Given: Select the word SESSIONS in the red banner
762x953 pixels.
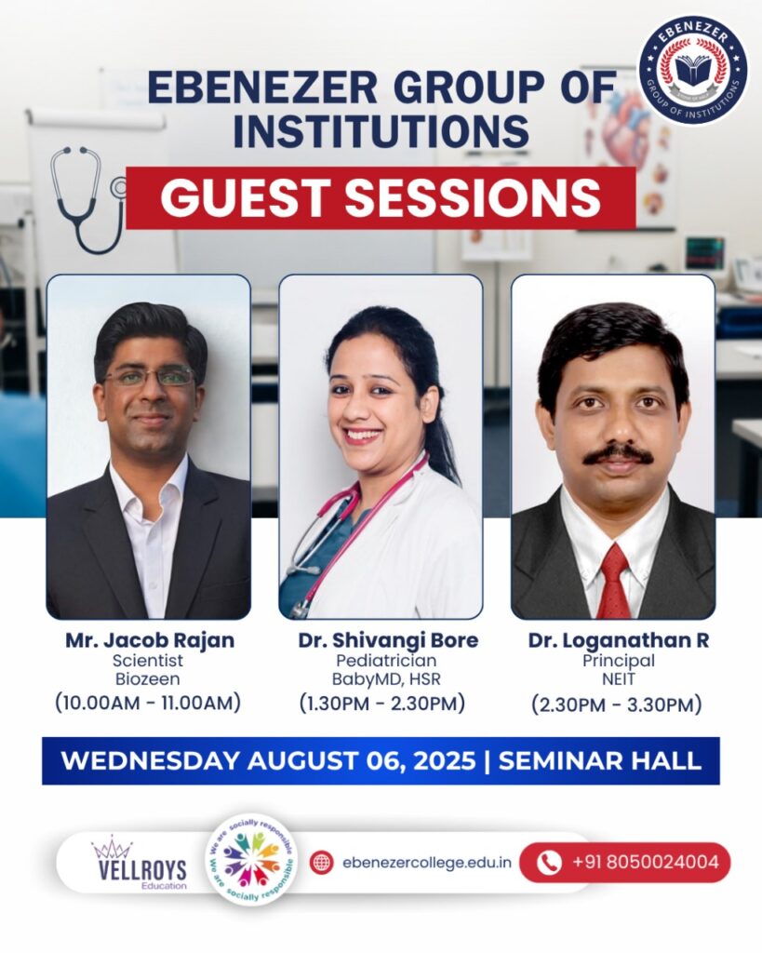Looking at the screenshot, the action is pos(473,197).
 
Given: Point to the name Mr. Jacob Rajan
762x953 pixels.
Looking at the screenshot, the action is pos(150,640).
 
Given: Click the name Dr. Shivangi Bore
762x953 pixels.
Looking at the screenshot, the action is pos(388,640).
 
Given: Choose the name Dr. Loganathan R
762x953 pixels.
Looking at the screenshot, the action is pos(618,640).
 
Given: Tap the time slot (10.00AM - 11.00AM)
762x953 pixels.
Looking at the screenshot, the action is pos(148,703).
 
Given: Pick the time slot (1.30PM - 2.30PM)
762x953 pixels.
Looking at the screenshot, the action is pos(382,704).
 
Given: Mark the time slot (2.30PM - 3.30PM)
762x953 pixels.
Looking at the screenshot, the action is pos(617,705).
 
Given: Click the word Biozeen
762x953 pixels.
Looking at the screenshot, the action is pos(148,678).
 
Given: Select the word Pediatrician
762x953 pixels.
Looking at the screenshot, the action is pos(386,660).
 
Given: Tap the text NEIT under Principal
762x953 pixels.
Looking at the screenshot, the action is pos(619,678).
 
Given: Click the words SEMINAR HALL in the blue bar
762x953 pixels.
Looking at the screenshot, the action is pos(600,761).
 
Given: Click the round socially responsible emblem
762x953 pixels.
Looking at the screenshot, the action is pos(251,860).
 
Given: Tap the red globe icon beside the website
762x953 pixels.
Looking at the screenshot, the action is pos(321,863).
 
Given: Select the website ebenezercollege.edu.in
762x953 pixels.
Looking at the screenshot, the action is pos(426,863).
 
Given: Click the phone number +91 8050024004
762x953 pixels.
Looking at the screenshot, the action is pos(646,862).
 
